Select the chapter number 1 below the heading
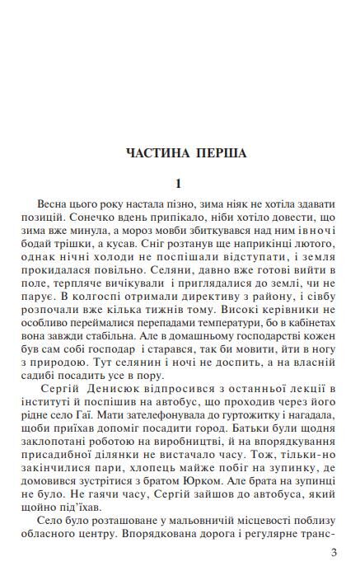pyautogui.click(x=178, y=182)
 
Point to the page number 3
pyautogui.click(x=334, y=552)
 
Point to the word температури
pyautogui.click(x=245, y=320)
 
